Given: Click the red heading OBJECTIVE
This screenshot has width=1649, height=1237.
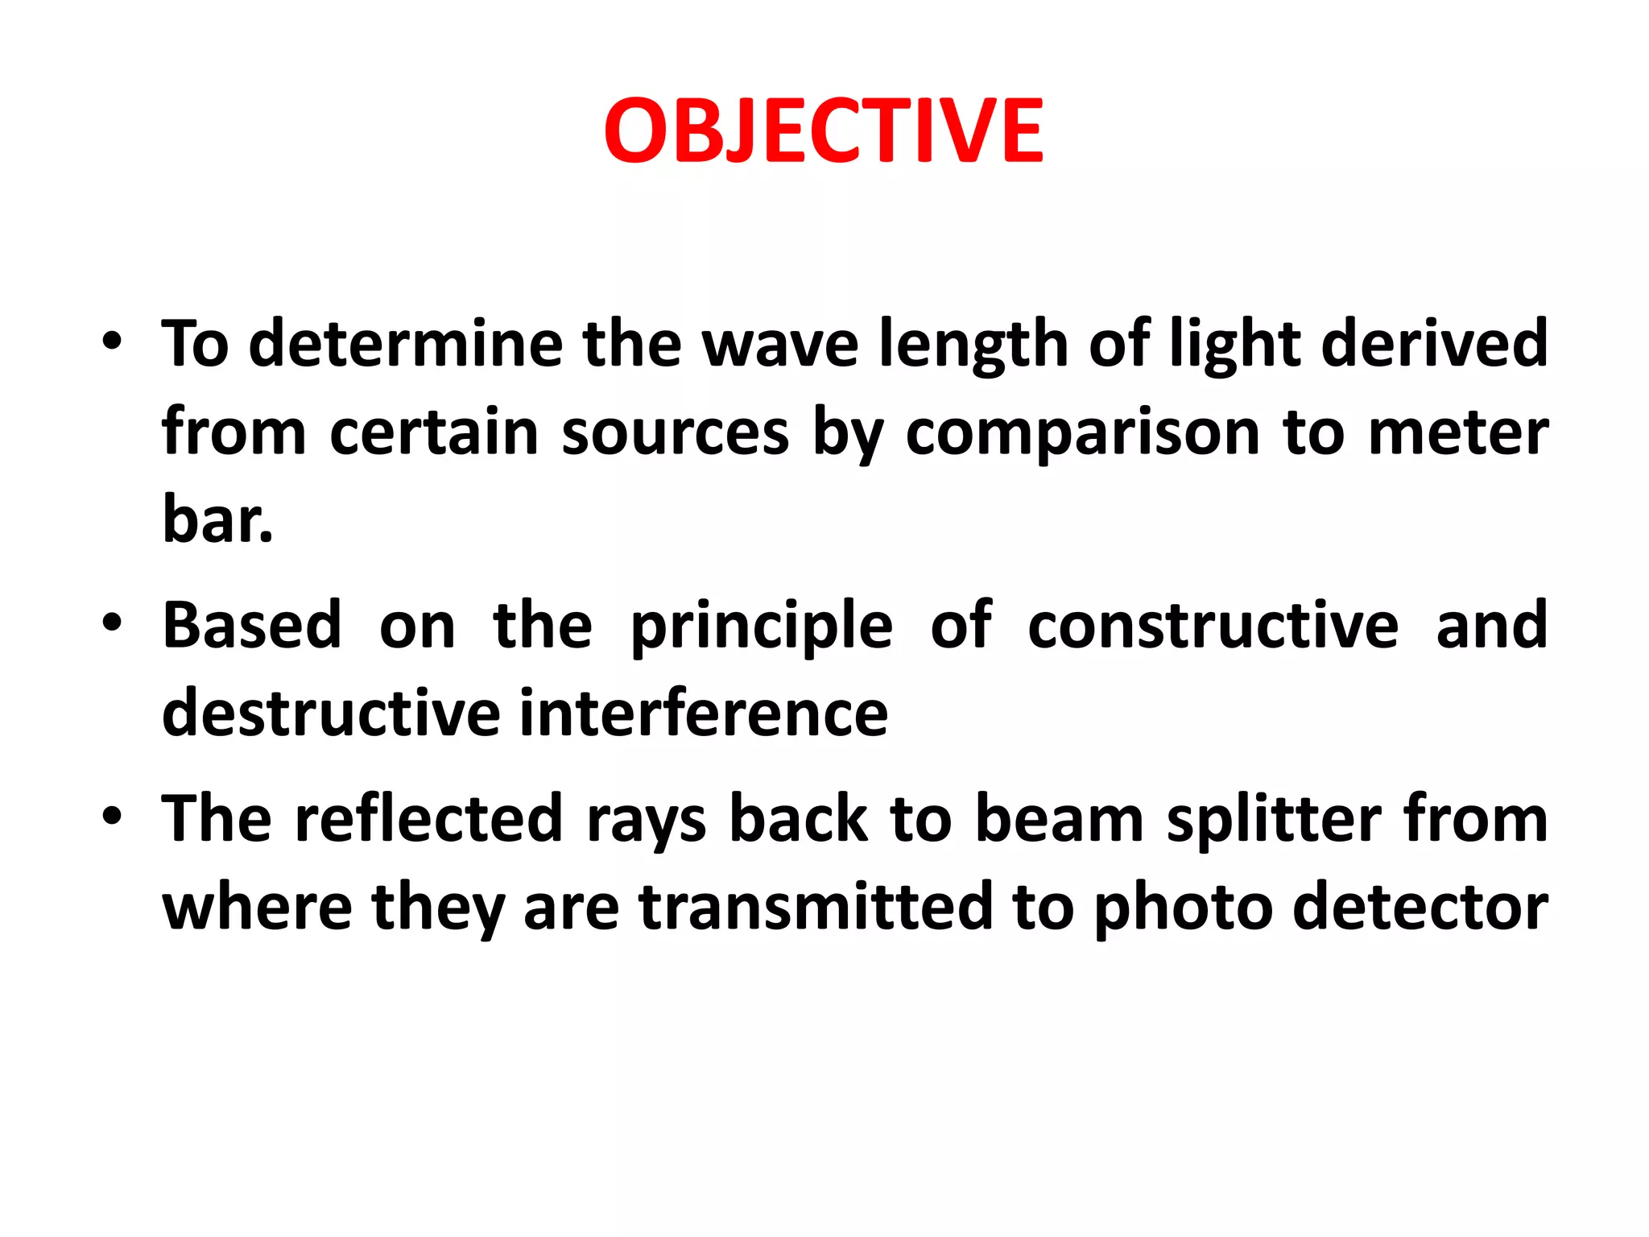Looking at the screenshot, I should click(823, 130).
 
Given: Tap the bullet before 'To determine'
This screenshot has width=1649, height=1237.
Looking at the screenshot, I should click(112, 341).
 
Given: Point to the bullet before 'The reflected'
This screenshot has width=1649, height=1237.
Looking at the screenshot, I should click(112, 816).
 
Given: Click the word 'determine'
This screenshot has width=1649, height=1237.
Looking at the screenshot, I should click(406, 344).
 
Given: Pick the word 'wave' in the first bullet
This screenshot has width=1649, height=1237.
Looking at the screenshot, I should click(780, 344).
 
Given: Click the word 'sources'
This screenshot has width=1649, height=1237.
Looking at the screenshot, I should click(675, 433).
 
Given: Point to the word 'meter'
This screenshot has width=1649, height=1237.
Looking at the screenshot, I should click(1458, 433).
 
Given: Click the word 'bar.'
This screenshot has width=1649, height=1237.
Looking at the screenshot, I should click(217, 519).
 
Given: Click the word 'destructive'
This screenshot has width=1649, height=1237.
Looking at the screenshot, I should click(331, 714).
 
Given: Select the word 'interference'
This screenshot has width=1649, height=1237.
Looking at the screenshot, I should click(704, 714).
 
